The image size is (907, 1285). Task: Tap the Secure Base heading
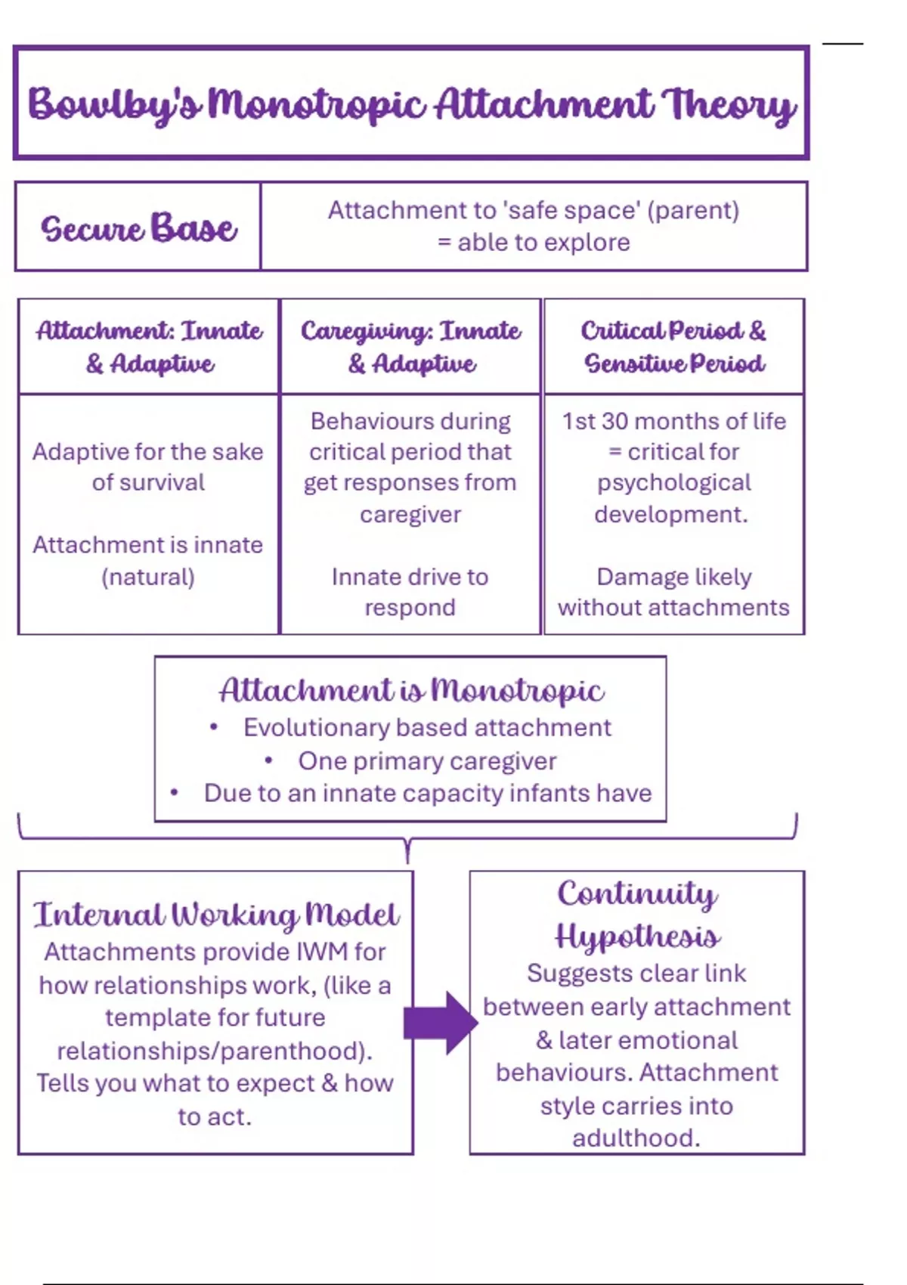pos(138,228)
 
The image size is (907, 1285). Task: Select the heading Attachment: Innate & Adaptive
pos(149,347)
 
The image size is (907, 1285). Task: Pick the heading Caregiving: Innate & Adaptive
pos(410,347)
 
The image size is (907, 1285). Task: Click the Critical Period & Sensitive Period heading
pos(673,347)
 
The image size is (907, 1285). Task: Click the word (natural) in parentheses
pos(148,577)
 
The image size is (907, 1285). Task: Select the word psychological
pos(673,483)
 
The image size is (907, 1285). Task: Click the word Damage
pos(633,577)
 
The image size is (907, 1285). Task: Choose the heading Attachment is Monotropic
pos(411,689)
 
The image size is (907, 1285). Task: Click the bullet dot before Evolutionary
pos(214,727)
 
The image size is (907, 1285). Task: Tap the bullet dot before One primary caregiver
pos(268,760)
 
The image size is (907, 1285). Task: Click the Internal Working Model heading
pos(215,915)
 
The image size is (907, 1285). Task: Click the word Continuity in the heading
pos(636,894)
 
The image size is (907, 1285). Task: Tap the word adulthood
pos(636,1138)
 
